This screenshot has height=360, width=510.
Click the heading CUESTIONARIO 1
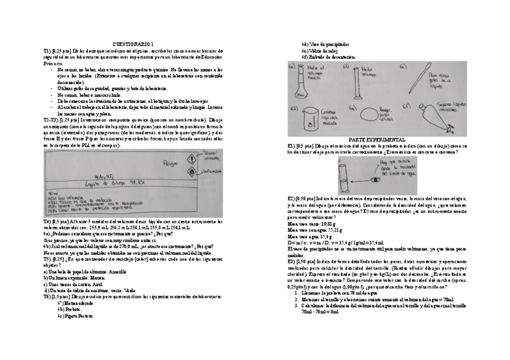click(133, 44)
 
